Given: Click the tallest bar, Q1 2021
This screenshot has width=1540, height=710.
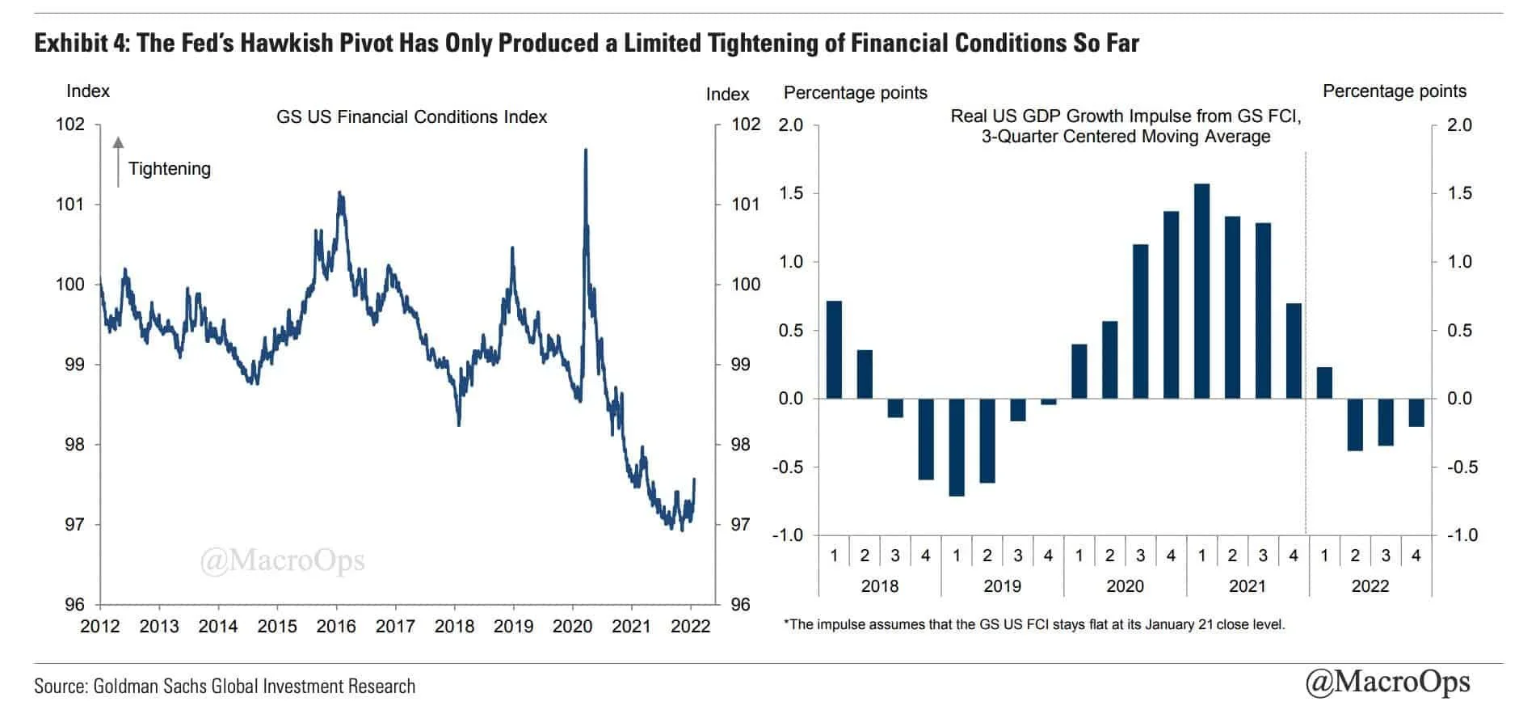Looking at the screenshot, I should [1201, 291].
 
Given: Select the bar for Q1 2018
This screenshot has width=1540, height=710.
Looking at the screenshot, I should [834, 349].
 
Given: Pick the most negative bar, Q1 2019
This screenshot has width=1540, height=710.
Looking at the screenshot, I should [957, 447].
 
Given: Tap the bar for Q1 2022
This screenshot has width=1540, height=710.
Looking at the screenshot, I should [1324, 382].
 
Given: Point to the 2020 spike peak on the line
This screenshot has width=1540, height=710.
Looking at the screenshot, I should [585, 151].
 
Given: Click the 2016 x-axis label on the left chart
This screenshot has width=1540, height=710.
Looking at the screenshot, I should [336, 626].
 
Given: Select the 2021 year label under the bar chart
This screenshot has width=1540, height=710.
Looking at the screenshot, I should [1247, 585].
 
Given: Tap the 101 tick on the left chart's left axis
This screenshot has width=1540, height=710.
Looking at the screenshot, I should [69, 204].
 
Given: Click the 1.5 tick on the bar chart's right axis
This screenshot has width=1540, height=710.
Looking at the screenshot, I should [1460, 193].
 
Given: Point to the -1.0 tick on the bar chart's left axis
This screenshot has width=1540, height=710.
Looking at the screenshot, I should [787, 535].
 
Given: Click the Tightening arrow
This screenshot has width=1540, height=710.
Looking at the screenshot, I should [118, 162].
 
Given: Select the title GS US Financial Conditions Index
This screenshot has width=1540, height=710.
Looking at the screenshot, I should [411, 117].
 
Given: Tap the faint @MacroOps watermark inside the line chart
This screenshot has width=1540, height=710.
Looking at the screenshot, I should [282, 560].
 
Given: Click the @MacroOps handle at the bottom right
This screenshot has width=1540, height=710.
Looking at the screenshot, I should [1387, 681].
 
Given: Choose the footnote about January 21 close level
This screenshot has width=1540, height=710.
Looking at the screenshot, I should [1034, 624].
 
